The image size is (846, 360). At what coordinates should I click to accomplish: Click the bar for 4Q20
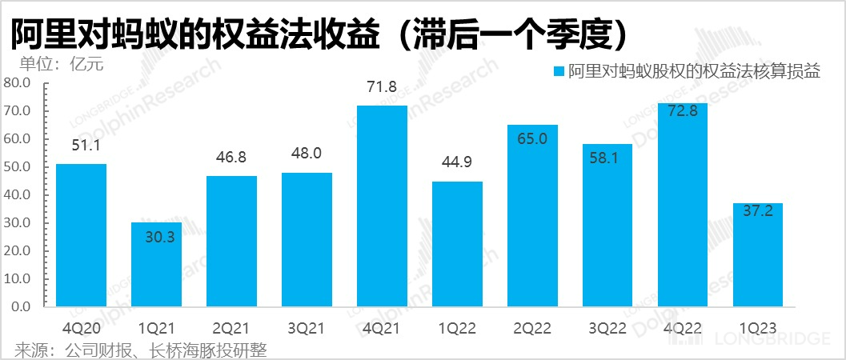[x=81, y=235]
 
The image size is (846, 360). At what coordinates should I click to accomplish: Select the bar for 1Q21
[x=156, y=265]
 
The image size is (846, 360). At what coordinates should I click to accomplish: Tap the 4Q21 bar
[x=382, y=206]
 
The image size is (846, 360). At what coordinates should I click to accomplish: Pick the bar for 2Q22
[x=532, y=216]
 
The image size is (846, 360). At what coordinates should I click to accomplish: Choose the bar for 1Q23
[x=758, y=255]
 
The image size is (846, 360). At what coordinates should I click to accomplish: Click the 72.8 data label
[x=683, y=111]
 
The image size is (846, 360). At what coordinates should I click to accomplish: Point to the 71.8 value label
[x=382, y=87]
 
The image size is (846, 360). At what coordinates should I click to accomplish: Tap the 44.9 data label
[x=457, y=163]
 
